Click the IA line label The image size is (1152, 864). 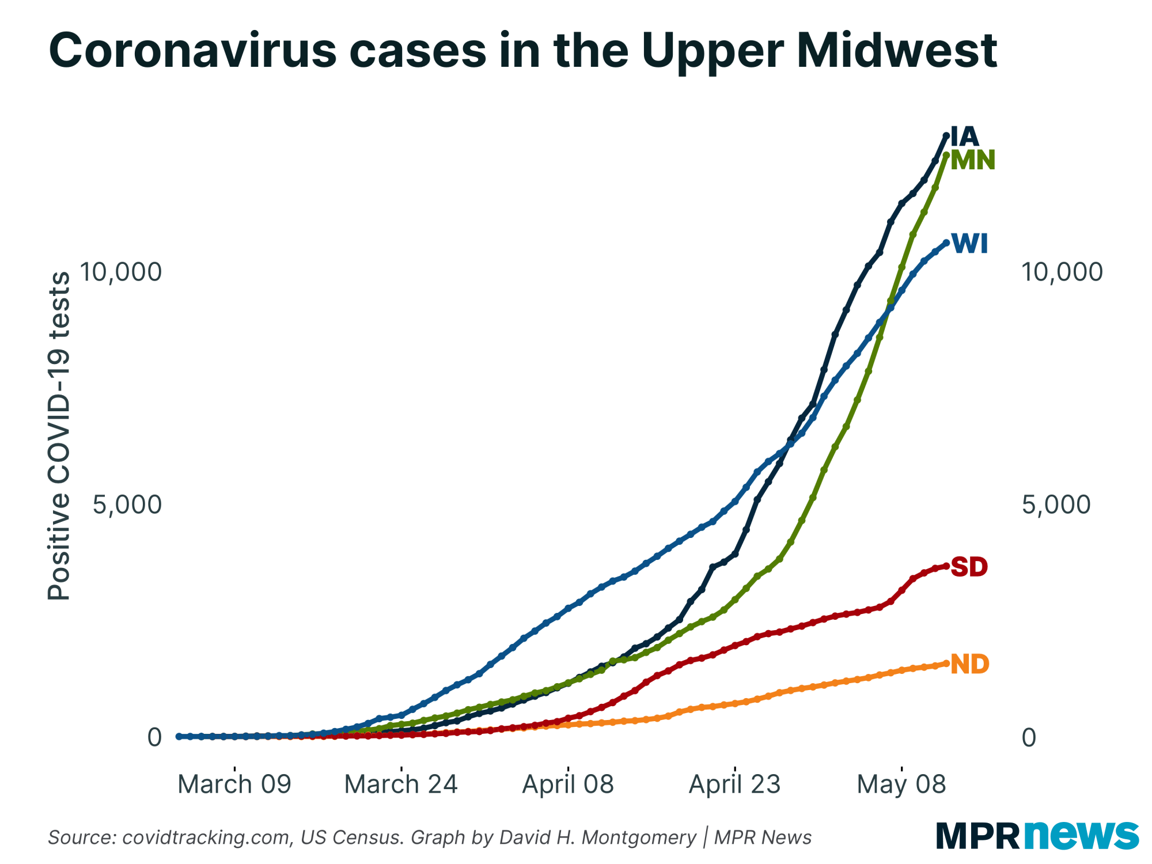click(965, 137)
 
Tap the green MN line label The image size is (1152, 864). click(972, 160)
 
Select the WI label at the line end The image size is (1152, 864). click(970, 244)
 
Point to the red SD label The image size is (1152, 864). click(969, 567)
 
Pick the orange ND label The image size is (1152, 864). click(969, 664)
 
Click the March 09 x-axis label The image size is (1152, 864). click(234, 785)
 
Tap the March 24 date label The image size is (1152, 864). click(401, 785)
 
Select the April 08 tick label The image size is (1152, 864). click(568, 785)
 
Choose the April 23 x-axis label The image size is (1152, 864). click(734, 785)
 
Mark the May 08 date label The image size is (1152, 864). click(901, 785)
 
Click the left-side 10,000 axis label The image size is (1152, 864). click(120, 272)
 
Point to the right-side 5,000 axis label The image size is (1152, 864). click(1056, 505)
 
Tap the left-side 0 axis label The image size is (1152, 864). click(154, 737)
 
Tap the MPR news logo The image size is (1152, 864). click(1037, 835)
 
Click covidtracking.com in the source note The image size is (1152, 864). click(206, 837)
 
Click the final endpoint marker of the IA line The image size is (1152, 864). click(946, 135)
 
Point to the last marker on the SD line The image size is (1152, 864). click(946, 566)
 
